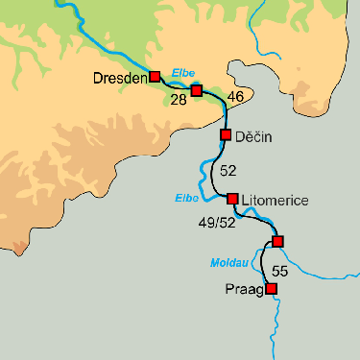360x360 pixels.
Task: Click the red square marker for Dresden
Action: click(x=155, y=76)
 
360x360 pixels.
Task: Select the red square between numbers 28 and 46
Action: click(x=197, y=90)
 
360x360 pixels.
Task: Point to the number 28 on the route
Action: click(x=178, y=99)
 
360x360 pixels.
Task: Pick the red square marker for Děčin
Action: click(x=226, y=134)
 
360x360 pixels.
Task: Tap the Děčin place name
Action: click(x=254, y=137)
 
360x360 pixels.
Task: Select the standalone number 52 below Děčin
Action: click(x=228, y=171)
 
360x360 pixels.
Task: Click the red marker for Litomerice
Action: click(x=231, y=199)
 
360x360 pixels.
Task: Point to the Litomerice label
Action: click(x=276, y=200)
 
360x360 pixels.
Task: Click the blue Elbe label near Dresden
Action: click(x=181, y=73)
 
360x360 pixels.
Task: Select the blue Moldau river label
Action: click(x=228, y=262)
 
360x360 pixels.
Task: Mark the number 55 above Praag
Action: click(x=279, y=270)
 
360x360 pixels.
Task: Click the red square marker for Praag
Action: click(x=272, y=288)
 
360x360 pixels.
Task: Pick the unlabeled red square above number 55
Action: click(x=277, y=240)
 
